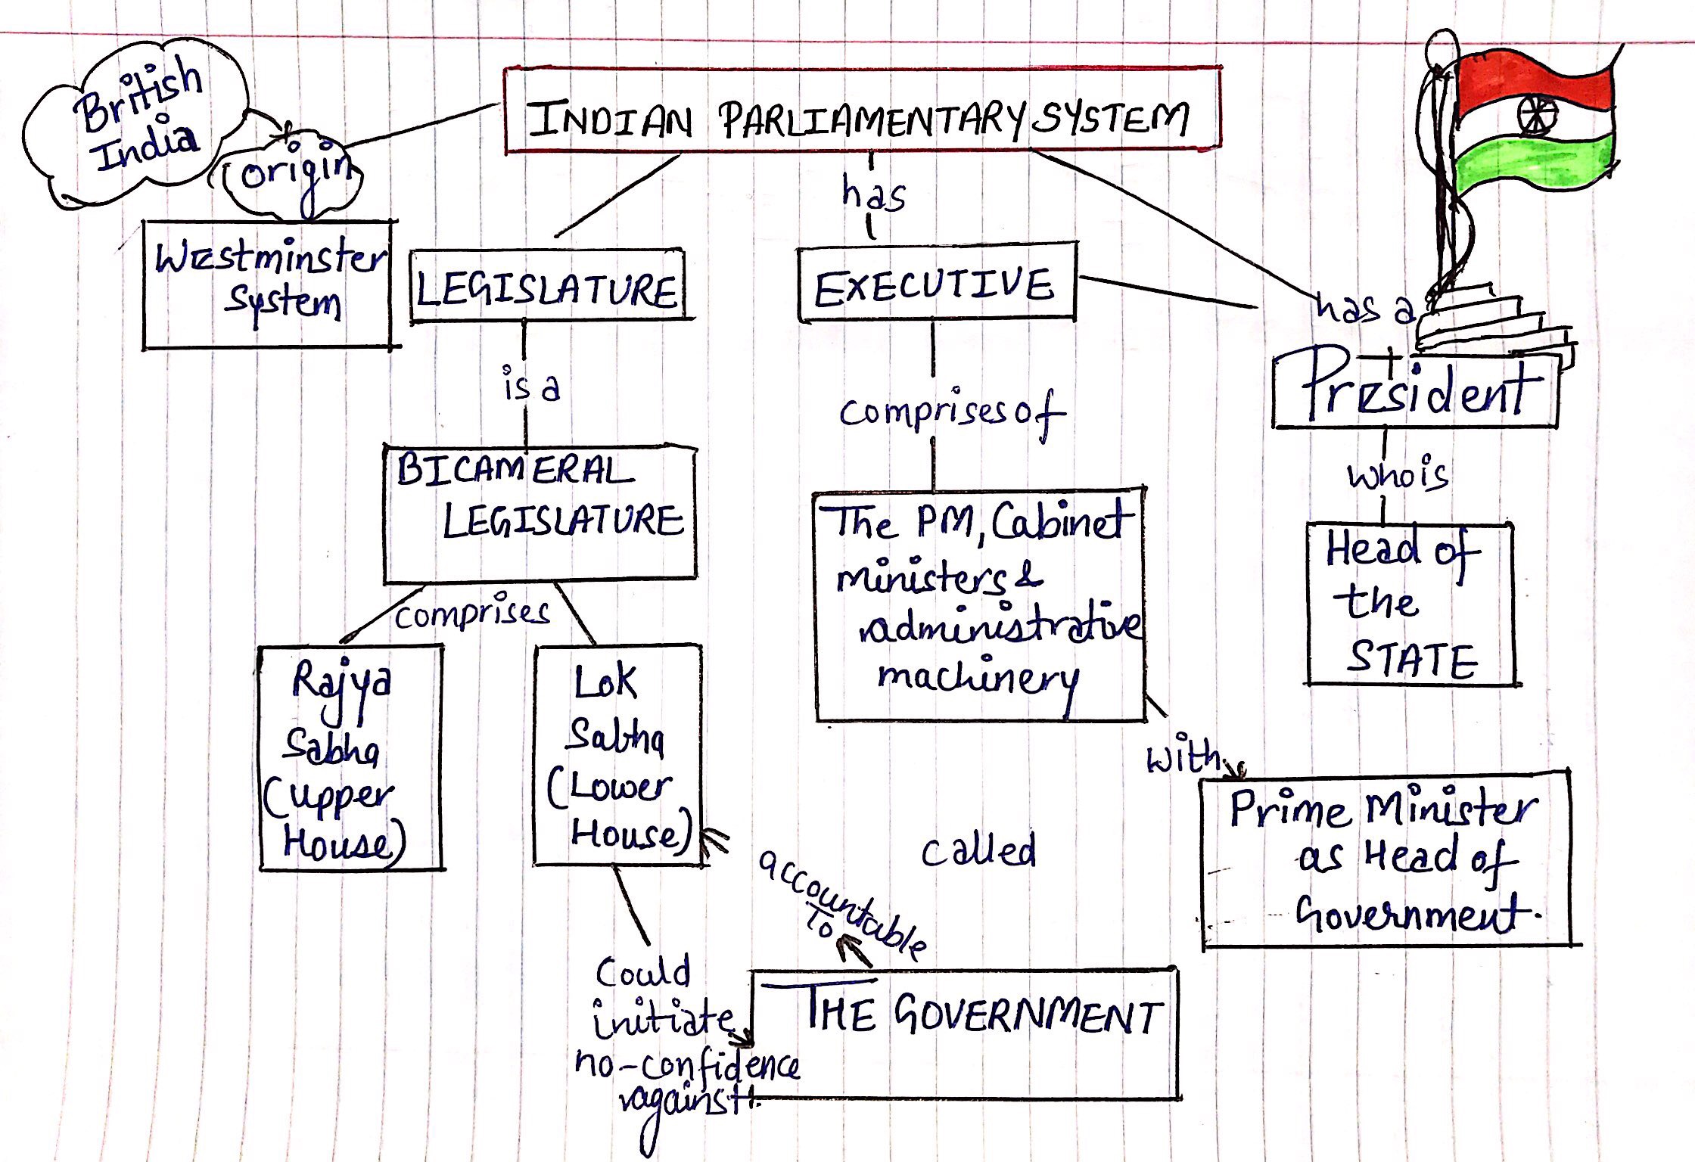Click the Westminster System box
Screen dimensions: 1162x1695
tap(268, 284)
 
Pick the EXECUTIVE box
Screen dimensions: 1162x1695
tap(937, 283)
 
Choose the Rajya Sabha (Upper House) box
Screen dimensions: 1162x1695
tap(350, 757)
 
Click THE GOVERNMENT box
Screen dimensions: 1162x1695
tap(966, 1032)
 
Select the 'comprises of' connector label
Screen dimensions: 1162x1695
tap(950, 413)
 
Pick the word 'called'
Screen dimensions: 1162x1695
tap(978, 850)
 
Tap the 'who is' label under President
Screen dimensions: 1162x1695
tap(1397, 475)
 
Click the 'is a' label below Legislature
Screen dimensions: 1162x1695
tap(531, 386)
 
